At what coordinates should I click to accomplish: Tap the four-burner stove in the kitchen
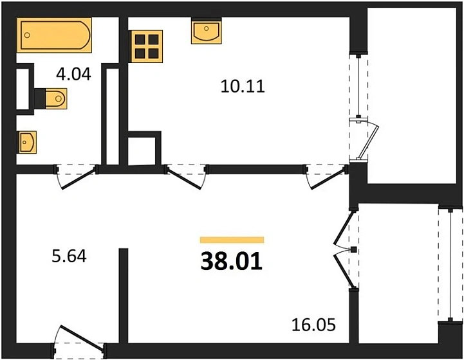[146, 46]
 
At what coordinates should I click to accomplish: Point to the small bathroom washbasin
[27, 141]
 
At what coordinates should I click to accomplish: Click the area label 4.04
[73, 75]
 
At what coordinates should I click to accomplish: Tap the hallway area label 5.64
[68, 256]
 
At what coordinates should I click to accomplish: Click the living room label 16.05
[315, 324]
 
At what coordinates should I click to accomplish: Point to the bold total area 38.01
[232, 262]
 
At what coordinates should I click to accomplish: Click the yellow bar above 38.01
[232, 240]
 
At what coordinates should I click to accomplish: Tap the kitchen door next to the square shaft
[187, 177]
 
